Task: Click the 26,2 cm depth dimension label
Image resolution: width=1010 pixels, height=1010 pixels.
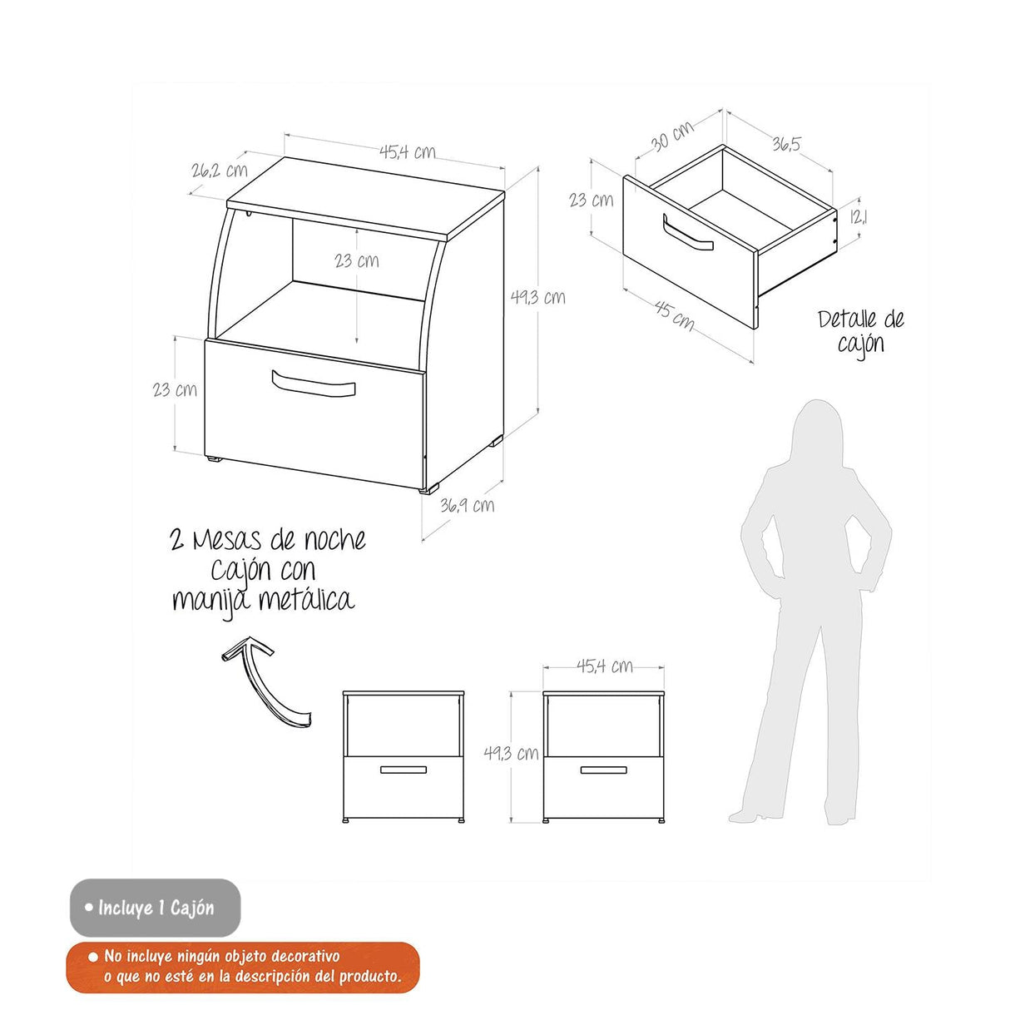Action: pos(219,170)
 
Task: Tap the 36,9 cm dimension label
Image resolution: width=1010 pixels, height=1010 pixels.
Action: pos(467,505)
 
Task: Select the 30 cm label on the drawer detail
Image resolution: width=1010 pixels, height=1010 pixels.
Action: pos(672,136)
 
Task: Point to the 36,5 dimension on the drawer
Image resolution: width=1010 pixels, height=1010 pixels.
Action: pos(786,142)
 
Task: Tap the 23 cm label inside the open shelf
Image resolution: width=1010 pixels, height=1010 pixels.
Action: pos(357,260)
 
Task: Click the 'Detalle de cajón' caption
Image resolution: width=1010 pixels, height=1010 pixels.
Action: pos(860,332)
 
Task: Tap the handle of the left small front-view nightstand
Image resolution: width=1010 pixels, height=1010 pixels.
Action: pos(403,770)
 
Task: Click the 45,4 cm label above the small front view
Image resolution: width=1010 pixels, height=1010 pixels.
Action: pos(604,666)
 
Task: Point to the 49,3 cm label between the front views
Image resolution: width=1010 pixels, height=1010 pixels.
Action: pos(511,753)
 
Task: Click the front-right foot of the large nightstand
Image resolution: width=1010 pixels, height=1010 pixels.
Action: pos(428,489)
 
